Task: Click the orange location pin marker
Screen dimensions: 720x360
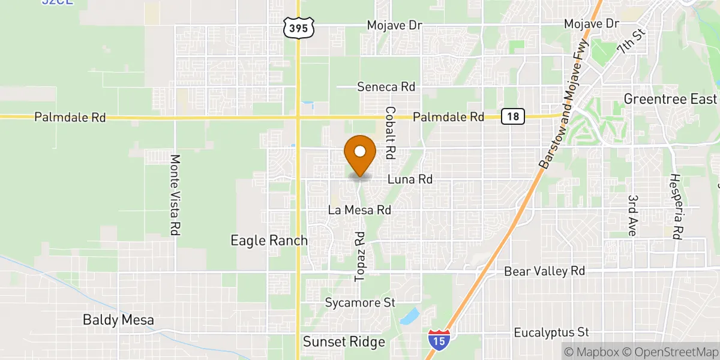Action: click(360, 154)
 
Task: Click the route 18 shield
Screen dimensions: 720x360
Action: click(514, 116)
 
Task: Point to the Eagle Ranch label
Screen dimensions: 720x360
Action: click(269, 241)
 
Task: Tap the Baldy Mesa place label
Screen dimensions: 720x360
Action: click(118, 320)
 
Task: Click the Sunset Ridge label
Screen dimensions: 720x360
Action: click(343, 342)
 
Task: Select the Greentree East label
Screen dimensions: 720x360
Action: click(670, 99)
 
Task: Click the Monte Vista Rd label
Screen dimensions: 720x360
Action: click(175, 195)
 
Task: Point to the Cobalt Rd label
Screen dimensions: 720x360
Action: click(391, 133)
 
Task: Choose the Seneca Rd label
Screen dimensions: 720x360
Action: click(386, 87)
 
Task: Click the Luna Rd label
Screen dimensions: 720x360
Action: click(410, 179)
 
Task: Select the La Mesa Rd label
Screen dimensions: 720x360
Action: click(359, 211)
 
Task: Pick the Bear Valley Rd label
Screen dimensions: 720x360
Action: click(544, 271)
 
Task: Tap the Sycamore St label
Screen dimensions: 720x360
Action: click(360, 302)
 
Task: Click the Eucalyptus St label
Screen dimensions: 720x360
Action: click(552, 332)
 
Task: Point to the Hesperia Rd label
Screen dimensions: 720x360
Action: click(677, 207)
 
